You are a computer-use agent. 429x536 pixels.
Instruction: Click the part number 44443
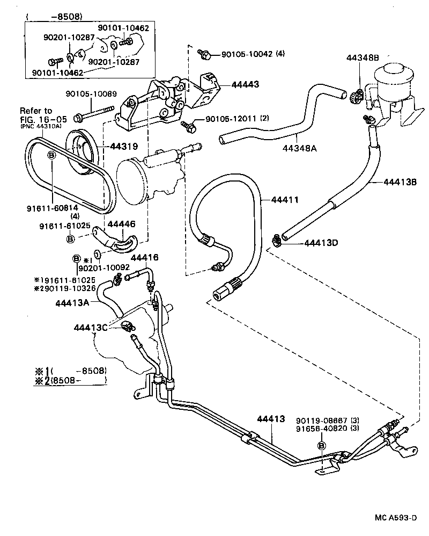(x=245, y=84)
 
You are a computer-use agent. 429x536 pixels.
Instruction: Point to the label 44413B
(x=400, y=182)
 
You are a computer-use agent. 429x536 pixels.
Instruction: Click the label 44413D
(x=321, y=242)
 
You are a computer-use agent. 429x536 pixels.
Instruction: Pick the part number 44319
(x=125, y=146)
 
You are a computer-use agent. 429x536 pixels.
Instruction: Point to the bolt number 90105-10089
(x=91, y=94)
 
